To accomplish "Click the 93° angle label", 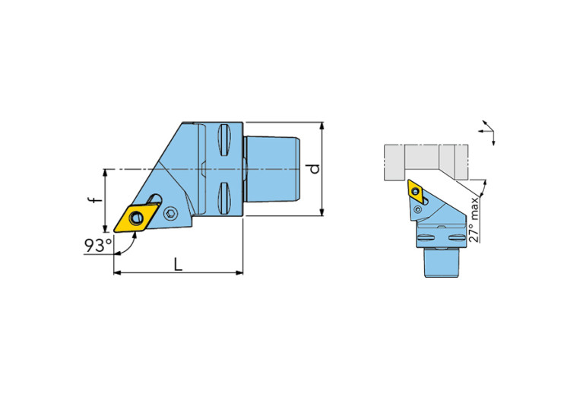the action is pyautogui.click(x=98, y=245).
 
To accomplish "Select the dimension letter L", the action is pyautogui.click(x=179, y=264).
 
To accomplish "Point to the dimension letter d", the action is pyautogui.click(x=315, y=169).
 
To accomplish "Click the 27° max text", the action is pyautogui.click(x=474, y=220).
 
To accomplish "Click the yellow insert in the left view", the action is pyautogui.click(x=135, y=218).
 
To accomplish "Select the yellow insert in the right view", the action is pyautogui.click(x=414, y=191).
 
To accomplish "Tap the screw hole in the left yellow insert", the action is pyautogui.click(x=137, y=218).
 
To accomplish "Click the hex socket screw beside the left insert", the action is pyautogui.click(x=171, y=213).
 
